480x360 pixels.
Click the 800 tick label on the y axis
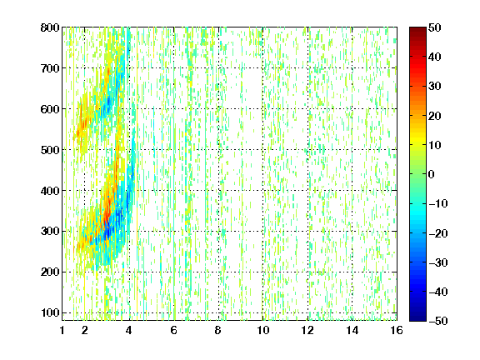click(x=50, y=27)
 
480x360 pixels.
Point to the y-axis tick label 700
click(x=50, y=68)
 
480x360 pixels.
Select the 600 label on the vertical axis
click(x=50, y=109)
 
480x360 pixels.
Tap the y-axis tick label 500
click(x=50, y=150)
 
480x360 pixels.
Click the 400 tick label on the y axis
click(x=50, y=191)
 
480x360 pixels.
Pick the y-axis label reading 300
click(x=50, y=231)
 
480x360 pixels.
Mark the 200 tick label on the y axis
click(x=50, y=272)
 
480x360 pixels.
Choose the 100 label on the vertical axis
click(x=50, y=312)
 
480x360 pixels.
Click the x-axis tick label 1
click(x=62, y=330)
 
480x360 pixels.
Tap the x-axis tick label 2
click(x=85, y=330)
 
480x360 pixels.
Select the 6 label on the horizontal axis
click(x=174, y=330)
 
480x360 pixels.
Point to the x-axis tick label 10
click(x=263, y=330)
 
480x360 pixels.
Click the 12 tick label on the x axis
click(x=307, y=330)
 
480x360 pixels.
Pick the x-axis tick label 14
click(x=352, y=330)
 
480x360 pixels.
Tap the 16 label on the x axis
click(x=397, y=330)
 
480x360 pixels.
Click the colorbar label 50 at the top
click(x=435, y=27)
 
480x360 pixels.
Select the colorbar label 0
click(x=432, y=174)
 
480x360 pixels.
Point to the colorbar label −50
click(x=438, y=321)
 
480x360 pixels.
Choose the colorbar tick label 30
click(x=435, y=87)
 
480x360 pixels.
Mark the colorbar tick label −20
click(x=438, y=233)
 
